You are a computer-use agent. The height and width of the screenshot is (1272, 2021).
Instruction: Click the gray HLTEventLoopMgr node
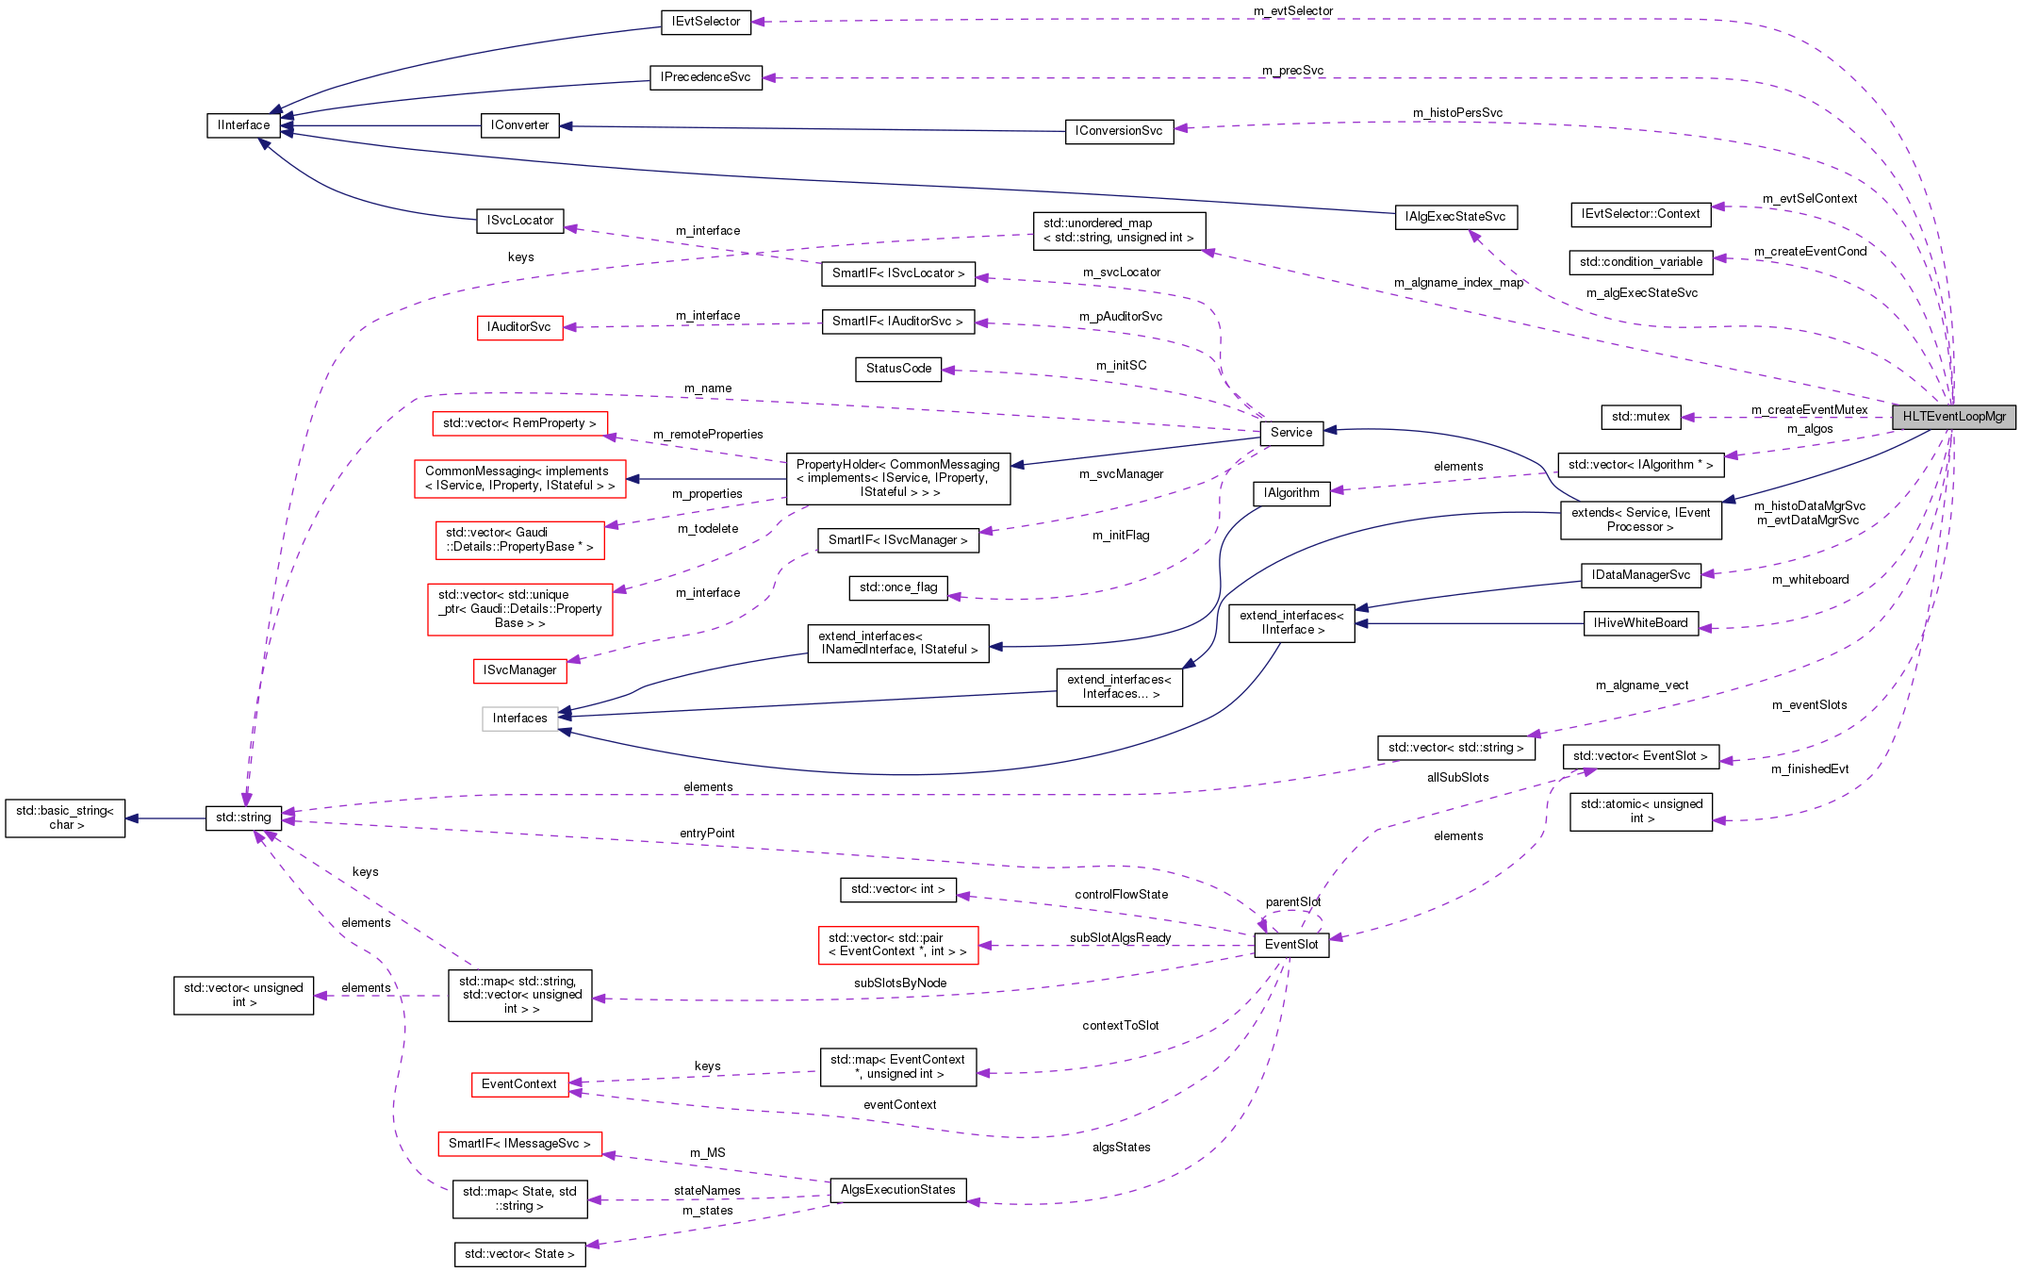(x=1954, y=417)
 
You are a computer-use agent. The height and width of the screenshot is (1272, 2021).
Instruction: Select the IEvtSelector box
(x=706, y=22)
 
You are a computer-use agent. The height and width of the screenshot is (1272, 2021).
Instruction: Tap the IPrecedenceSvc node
(x=705, y=77)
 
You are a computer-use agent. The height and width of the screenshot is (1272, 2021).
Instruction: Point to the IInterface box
(x=243, y=125)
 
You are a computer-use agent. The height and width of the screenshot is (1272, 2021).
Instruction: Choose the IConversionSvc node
(x=1119, y=131)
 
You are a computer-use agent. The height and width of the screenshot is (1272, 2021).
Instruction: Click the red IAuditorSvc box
(x=519, y=327)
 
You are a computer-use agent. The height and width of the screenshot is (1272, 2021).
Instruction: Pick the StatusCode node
(x=898, y=369)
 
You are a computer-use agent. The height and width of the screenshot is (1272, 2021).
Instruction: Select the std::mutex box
(x=1640, y=417)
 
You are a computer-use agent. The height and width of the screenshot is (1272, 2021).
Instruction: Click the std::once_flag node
(x=898, y=587)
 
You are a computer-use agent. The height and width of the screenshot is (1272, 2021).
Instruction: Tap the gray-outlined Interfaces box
(x=519, y=719)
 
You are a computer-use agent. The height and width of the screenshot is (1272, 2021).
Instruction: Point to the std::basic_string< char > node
(x=65, y=818)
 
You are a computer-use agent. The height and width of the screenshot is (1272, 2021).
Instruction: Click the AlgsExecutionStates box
(x=897, y=1190)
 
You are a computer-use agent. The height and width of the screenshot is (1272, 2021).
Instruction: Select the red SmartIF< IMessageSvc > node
(x=519, y=1144)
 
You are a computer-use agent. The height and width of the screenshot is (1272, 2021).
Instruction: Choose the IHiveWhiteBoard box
(x=1640, y=623)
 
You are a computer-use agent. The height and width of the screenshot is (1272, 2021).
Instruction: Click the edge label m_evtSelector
(x=1293, y=11)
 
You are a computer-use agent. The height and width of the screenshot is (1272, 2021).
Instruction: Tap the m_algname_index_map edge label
(x=1458, y=283)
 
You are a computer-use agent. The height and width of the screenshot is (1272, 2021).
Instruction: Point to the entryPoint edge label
(x=707, y=834)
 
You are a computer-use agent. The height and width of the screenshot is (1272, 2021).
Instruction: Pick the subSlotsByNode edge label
(x=900, y=983)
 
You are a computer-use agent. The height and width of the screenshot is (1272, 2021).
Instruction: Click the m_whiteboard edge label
(x=1810, y=580)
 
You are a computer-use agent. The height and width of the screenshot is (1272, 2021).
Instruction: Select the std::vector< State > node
(x=519, y=1254)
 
